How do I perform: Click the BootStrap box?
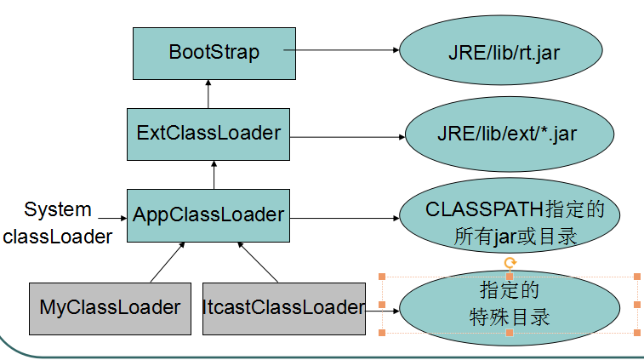213,51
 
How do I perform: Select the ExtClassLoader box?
208,134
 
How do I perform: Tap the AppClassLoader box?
208,214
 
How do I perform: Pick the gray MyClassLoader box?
110,306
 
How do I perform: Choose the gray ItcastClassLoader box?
283,306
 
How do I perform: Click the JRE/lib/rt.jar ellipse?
504,51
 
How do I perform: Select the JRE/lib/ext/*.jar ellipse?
509,134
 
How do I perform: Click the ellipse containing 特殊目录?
509,305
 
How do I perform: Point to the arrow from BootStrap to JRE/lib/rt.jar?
340,50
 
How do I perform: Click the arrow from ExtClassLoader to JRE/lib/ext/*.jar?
345,134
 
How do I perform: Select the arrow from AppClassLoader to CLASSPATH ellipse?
345,218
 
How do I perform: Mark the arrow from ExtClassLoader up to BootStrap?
208,92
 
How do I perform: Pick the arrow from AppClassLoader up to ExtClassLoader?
214,174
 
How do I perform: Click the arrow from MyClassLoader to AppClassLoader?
167,261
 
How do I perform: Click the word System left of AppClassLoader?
57,209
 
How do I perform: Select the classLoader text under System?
57,236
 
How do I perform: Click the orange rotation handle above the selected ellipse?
509,263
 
